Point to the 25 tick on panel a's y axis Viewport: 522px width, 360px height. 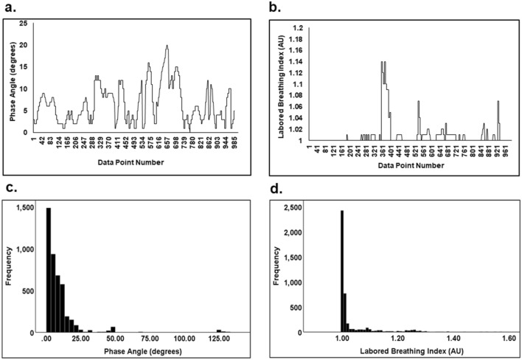point(24,24)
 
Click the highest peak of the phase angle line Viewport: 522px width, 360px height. point(167,46)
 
